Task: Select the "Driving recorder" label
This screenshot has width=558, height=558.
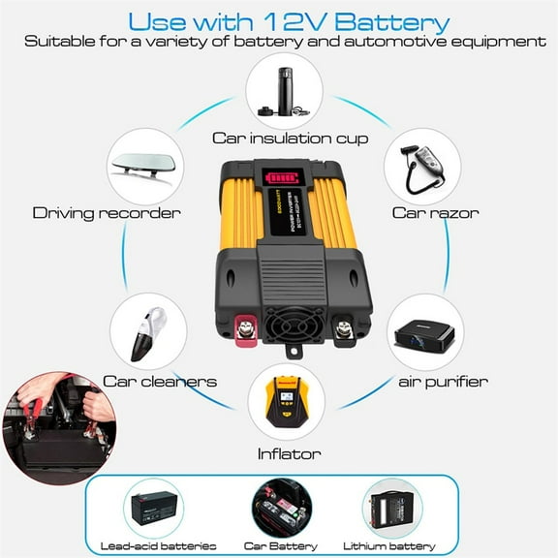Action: (x=107, y=212)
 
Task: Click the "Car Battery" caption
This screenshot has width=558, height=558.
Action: (x=282, y=545)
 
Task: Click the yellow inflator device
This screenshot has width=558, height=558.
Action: (x=284, y=403)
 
